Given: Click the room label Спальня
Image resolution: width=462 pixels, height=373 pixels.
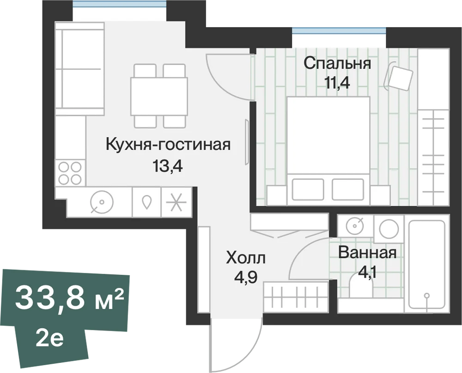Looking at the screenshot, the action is (337, 64).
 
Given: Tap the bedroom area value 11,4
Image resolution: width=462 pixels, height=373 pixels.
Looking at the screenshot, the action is (337, 83).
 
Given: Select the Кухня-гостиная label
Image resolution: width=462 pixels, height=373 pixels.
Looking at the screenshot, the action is (168, 145).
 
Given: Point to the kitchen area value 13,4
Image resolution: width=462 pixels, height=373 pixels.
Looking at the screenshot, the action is (168, 166).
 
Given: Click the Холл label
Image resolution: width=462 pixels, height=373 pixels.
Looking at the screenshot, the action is (246, 258).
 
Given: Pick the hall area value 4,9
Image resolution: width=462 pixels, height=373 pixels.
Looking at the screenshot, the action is (246, 277).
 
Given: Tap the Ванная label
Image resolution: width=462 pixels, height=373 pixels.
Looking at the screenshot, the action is (367, 253).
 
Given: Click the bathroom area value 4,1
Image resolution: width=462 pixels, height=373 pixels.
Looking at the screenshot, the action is (367, 272).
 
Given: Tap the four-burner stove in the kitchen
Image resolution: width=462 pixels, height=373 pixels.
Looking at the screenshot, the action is (70, 173).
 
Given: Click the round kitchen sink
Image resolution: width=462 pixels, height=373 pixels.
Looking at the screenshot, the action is (102, 202).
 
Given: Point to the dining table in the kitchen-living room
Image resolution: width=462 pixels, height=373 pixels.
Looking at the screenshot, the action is (159, 96).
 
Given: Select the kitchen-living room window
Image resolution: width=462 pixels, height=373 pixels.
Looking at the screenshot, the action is (120, 4).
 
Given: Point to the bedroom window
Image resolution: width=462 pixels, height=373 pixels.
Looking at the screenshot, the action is (339, 30).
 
